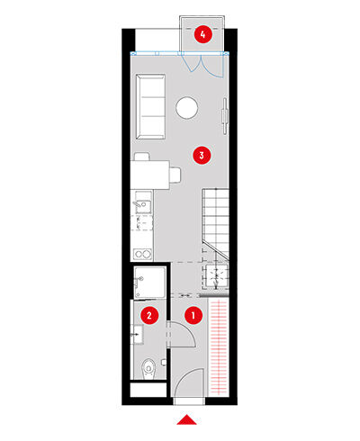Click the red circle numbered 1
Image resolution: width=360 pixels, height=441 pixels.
pos(193,315)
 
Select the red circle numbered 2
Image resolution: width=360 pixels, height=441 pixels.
pos(149,315)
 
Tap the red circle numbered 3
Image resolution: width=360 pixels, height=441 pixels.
pos(202,155)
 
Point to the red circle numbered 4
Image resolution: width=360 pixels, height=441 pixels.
pos(203,34)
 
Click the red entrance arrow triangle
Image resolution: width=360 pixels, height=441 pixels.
pos(186,420)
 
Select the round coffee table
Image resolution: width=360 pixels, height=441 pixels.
pos(187,107)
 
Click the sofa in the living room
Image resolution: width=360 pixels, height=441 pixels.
pos(150,106)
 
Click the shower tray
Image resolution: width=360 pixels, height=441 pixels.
pos(149,283)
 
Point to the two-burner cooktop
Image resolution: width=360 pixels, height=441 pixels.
pos(143,255)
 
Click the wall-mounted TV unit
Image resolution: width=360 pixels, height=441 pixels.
pos(225,115)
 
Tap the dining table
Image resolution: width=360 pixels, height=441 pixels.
pos(150,175)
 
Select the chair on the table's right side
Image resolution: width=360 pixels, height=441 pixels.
pos(175,175)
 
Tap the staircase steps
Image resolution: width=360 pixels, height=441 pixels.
pos(215,222)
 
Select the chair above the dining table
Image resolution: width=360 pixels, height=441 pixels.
pos(142,157)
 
